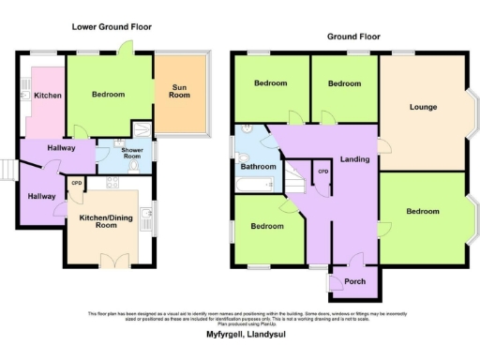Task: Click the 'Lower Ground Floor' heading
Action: (x=112, y=27)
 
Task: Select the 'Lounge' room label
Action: (x=423, y=107)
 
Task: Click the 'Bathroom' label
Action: (x=258, y=167)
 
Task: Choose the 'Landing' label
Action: (x=354, y=159)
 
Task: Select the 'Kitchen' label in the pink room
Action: (x=48, y=96)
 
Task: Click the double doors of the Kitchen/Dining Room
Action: (x=114, y=258)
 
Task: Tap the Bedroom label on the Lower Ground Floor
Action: (x=110, y=95)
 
